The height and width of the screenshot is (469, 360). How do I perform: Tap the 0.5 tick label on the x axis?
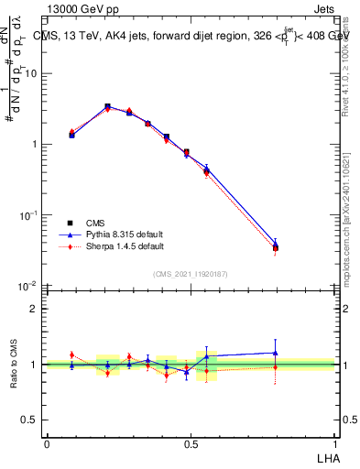pyautogui.click(x=191, y=443)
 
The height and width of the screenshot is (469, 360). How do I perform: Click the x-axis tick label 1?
pyautogui.click(x=334, y=443)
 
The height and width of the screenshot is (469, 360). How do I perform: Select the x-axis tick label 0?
pyautogui.click(x=47, y=443)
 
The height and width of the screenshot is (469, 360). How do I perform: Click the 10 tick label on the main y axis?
pyautogui.click(x=32, y=73)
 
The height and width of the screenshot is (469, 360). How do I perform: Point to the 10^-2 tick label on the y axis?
pyautogui.click(x=29, y=285)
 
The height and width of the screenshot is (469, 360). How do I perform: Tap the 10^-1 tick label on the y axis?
pyautogui.click(x=29, y=214)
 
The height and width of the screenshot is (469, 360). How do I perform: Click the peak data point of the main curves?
pyautogui.click(x=108, y=107)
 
